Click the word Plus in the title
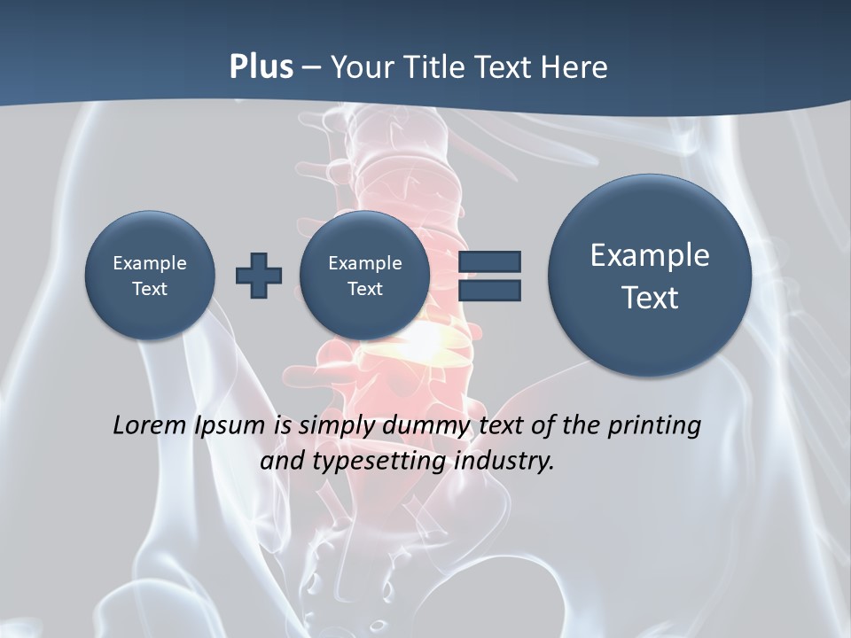pos(261,66)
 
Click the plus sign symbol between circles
pos(259,276)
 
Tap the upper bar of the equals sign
pos(489,261)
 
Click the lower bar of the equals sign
pos(489,290)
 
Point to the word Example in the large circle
pos(650,255)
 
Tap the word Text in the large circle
pos(650,298)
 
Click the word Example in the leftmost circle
pos(150,263)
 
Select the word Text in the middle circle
pos(364,289)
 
